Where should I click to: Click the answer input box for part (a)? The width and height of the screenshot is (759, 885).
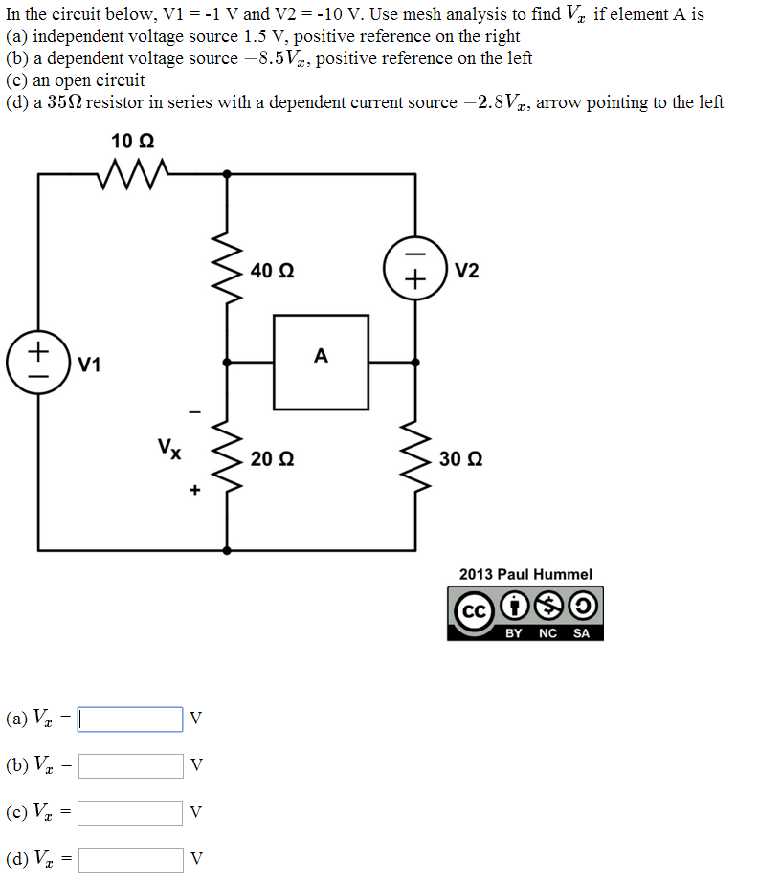pos(130,719)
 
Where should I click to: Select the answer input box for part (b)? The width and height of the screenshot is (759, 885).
pos(130,765)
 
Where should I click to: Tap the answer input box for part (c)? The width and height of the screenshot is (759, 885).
pos(130,812)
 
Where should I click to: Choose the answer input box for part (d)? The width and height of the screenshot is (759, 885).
pos(130,859)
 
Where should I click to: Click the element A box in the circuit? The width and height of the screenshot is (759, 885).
pos(321,363)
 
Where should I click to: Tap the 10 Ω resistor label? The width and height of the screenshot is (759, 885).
pos(133,142)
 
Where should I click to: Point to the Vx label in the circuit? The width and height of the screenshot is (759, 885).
pos(170,447)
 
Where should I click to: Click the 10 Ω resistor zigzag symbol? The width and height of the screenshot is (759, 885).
pos(133,174)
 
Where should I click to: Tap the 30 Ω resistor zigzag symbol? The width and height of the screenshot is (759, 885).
pos(415,456)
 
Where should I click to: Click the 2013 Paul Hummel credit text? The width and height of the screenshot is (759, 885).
pos(525,574)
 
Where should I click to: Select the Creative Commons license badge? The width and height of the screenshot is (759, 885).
pos(525,612)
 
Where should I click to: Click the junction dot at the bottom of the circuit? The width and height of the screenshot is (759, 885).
pos(227,550)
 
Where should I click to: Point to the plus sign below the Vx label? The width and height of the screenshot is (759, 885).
pos(194,490)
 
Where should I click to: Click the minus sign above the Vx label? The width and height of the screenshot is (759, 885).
pos(194,412)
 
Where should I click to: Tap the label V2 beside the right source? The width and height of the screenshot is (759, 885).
pos(467,271)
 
